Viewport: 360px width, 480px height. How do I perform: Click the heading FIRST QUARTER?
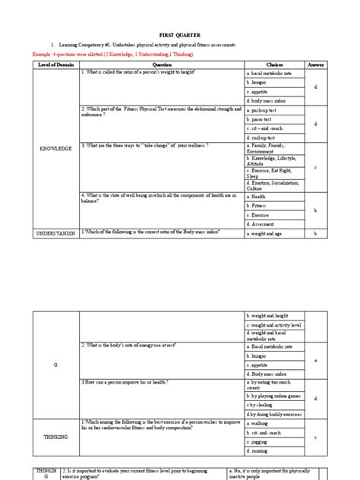click(180, 36)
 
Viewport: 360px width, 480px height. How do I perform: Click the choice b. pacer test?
click(262, 120)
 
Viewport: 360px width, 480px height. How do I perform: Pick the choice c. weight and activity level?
click(276, 324)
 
